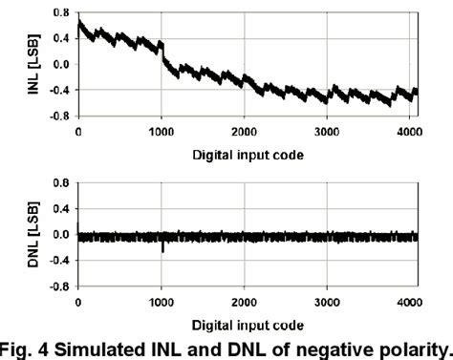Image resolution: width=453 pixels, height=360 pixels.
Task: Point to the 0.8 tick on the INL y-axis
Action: click(60, 12)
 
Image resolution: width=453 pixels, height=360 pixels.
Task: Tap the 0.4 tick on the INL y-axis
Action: click(60, 39)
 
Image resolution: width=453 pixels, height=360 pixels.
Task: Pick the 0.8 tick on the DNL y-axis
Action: click(60, 182)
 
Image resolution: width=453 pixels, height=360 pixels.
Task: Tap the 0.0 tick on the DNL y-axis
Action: click(60, 235)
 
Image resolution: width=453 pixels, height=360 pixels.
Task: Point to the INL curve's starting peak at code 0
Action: click(79, 21)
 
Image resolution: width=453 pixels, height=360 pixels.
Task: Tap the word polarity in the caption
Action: click(406, 349)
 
